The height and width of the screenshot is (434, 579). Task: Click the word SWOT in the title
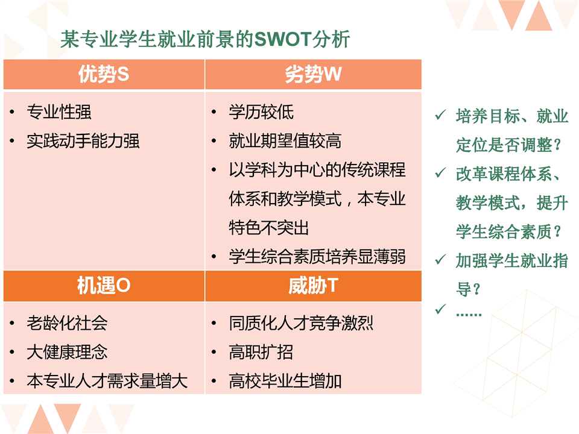coord(283,39)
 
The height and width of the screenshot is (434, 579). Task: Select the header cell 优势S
coord(104,74)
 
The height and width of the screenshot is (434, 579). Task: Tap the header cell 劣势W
coord(313,74)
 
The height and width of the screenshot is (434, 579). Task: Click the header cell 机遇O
coord(104,286)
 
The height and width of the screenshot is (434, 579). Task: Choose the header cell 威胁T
coord(313,286)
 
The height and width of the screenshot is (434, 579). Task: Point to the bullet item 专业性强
coord(59,112)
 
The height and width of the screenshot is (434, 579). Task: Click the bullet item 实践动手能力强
coord(83,141)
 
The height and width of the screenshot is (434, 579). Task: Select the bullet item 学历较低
coord(261,112)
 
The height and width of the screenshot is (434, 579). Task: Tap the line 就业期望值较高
coord(285,141)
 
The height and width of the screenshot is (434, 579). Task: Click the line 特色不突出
coord(269,228)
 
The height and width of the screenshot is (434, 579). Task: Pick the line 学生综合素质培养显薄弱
coord(317,257)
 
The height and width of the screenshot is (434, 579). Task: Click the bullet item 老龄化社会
coord(67,323)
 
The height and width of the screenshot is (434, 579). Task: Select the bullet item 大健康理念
coord(67,352)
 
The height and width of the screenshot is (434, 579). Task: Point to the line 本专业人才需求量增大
coord(107,381)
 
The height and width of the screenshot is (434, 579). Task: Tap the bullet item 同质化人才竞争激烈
coord(301,323)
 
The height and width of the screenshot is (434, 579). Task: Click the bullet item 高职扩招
coord(261,352)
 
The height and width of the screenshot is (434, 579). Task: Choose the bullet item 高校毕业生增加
coord(285,381)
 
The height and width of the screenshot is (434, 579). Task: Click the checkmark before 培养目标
coord(440,115)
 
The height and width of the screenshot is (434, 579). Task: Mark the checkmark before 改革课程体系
coord(440,172)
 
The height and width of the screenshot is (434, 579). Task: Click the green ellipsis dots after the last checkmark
coord(469,315)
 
